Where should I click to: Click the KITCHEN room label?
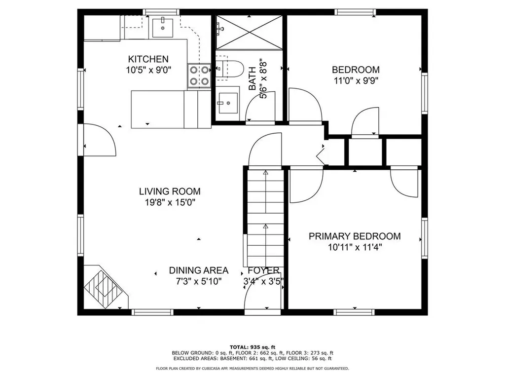(x=148, y=59)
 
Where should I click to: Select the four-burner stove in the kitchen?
(x=199, y=76)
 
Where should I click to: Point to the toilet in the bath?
(x=231, y=69)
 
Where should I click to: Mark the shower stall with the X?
(x=250, y=32)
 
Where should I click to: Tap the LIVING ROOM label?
(x=169, y=191)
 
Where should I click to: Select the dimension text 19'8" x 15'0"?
(x=169, y=202)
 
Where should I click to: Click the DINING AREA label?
(x=198, y=270)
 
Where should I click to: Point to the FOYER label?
(x=263, y=270)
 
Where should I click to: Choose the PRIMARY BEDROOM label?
(x=355, y=236)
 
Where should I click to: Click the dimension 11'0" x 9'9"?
(x=355, y=80)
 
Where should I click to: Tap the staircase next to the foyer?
(x=265, y=217)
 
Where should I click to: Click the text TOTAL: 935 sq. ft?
(x=252, y=347)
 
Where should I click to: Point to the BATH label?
(x=252, y=79)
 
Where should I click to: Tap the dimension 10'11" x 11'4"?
(x=355, y=247)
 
